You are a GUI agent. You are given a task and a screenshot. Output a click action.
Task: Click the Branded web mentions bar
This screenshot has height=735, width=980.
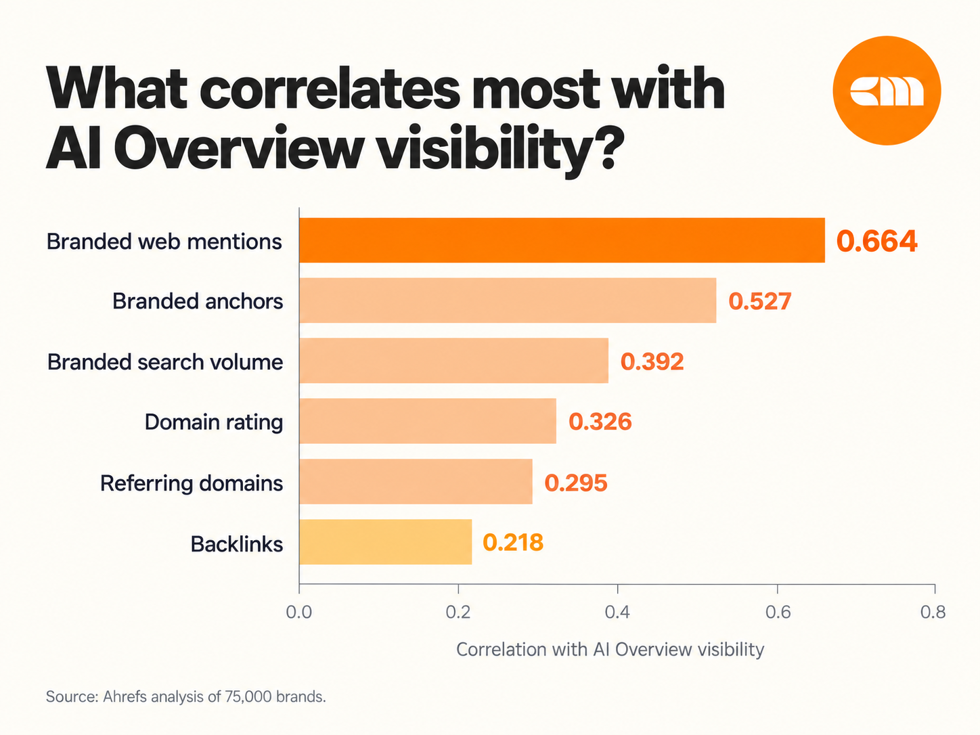[x=562, y=240]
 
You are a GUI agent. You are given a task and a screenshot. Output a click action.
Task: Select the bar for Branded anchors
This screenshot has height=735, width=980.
[x=508, y=300]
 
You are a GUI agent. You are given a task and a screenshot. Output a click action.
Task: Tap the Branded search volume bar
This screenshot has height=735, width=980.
[x=453, y=361]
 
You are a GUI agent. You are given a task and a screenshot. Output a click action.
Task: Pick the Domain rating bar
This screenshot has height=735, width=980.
[x=428, y=421]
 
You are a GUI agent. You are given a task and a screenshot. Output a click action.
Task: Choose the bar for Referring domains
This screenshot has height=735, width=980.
[x=416, y=481]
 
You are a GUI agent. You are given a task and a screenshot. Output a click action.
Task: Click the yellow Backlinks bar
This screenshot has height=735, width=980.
[x=385, y=541]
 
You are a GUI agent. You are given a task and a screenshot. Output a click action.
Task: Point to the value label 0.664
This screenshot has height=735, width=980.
[x=876, y=241]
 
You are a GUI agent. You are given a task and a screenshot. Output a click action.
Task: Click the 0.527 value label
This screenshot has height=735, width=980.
[x=759, y=301]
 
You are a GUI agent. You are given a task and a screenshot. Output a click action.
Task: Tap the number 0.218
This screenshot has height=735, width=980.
[x=513, y=543]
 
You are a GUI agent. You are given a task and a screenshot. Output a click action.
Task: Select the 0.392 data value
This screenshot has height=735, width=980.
[x=652, y=361]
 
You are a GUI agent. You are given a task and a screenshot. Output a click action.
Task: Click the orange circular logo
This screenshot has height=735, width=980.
[x=887, y=91]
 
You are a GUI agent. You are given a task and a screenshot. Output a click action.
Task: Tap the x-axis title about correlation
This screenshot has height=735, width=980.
[x=610, y=649]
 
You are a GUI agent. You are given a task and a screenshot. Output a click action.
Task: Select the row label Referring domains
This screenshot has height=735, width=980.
[x=192, y=483]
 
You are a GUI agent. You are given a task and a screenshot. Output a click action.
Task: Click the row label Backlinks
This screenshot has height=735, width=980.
[x=237, y=544]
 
